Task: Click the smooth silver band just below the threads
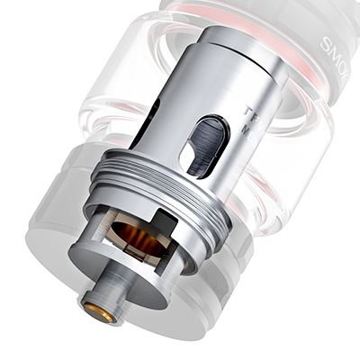click(202, 238)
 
